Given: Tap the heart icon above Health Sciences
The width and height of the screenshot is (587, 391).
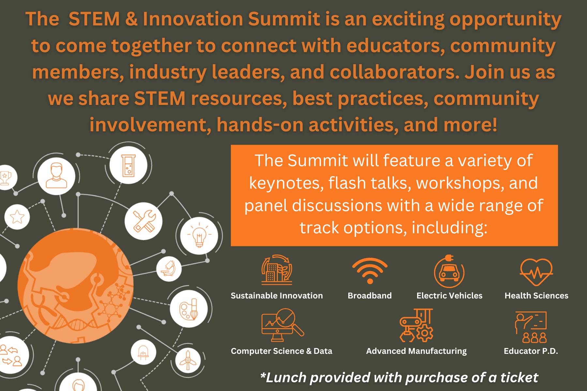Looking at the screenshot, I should (x=536, y=272).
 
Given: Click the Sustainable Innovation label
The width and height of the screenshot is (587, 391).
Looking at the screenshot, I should (x=277, y=296).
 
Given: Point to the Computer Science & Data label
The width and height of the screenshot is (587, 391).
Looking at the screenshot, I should (x=281, y=351).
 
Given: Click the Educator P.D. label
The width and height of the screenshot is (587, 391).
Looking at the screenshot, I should (x=531, y=351).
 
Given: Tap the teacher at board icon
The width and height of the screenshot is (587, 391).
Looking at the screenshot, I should (x=531, y=327).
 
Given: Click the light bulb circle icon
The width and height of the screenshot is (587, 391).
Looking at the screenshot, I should (x=199, y=236).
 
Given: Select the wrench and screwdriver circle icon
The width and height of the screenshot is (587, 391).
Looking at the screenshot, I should (x=143, y=221).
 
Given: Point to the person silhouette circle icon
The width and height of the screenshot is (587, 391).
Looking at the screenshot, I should (x=56, y=176).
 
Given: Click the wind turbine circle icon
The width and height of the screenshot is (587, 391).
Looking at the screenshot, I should (x=188, y=360).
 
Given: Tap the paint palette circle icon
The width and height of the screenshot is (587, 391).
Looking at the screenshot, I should (x=189, y=309).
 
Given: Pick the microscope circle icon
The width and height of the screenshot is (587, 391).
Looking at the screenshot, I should (x=169, y=269).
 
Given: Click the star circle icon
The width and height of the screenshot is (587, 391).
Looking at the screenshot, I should (x=17, y=217).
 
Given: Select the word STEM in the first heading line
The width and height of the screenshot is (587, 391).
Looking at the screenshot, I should (x=94, y=19).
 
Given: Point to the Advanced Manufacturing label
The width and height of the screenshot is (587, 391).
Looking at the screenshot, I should (x=416, y=351).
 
